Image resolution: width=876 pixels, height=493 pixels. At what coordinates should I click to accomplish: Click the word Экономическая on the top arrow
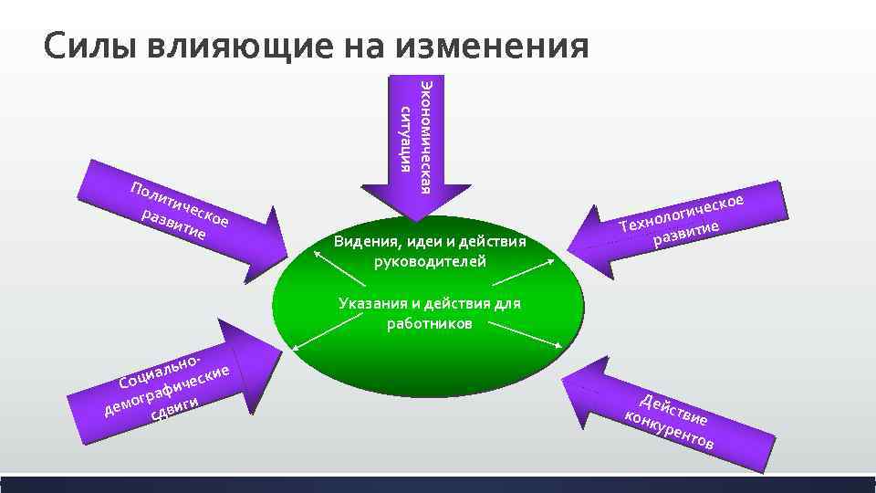click(424, 137)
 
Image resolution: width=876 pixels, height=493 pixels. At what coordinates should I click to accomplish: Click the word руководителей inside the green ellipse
click(430, 261)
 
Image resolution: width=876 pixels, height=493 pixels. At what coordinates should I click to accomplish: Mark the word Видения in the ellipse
click(362, 242)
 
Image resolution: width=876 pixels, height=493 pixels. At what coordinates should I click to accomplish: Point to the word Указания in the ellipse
click(368, 304)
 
